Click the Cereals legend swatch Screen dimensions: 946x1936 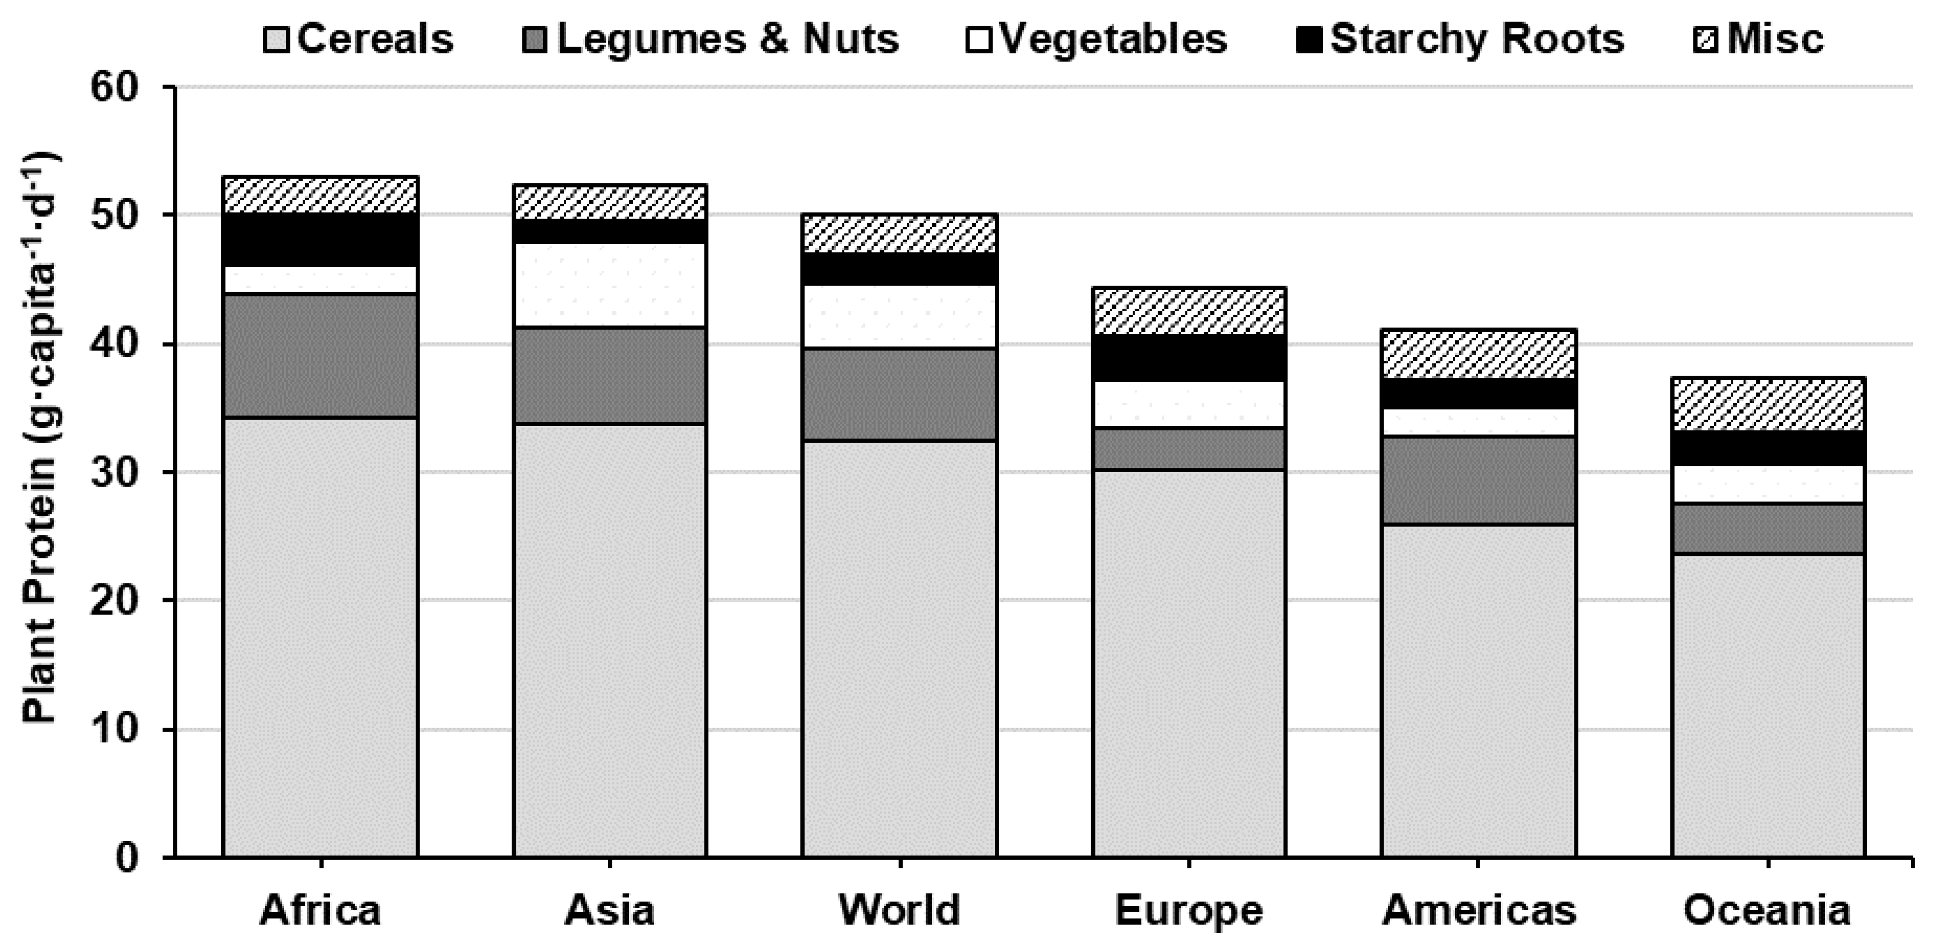pos(276,39)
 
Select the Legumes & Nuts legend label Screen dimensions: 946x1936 pos(727,39)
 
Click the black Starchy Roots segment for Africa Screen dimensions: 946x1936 pos(320,240)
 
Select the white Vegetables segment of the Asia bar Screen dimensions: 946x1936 pos(610,285)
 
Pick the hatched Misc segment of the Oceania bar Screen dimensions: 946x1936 pos(1768,404)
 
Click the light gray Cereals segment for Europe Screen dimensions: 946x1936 pos(1189,662)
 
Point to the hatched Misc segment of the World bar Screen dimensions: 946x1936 pos(899,233)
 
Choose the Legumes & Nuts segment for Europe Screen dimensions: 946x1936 pos(1189,449)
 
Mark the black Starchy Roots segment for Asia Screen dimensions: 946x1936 pos(610,231)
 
